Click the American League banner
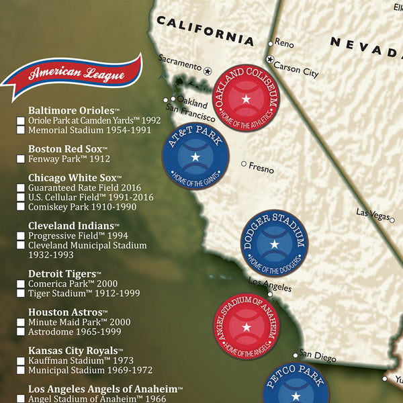click(73, 75)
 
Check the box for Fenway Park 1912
click(21, 160)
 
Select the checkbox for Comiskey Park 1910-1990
click(21, 208)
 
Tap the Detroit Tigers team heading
click(63, 273)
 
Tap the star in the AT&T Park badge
click(195, 157)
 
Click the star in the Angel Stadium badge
click(246, 327)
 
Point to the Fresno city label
click(261, 165)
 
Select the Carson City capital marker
click(271, 60)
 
